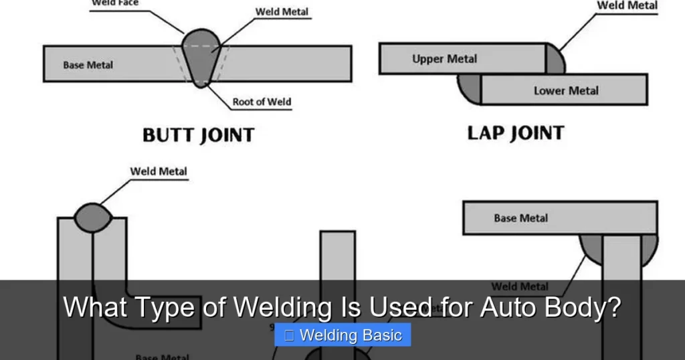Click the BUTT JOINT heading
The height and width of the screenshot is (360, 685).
(x=198, y=135)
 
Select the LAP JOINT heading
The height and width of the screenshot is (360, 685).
(x=515, y=132)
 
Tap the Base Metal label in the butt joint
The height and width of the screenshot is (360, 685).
(x=88, y=65)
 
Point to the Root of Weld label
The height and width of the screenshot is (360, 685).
(x=262, y=102)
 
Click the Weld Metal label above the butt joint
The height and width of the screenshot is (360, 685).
(x=282, y=13)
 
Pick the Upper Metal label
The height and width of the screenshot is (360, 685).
(x=444, y=59)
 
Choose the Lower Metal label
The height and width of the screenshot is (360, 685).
(x=566, y=90)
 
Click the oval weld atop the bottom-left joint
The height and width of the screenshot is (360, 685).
(x=92, y=217)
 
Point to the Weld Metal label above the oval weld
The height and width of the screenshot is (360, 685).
(x=159, y=171)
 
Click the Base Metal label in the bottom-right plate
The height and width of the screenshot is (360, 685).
(x=520, y=217)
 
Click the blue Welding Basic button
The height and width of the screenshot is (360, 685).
(x=342, y=335)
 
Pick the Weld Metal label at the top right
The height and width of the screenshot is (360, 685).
(x=627, y=5)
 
